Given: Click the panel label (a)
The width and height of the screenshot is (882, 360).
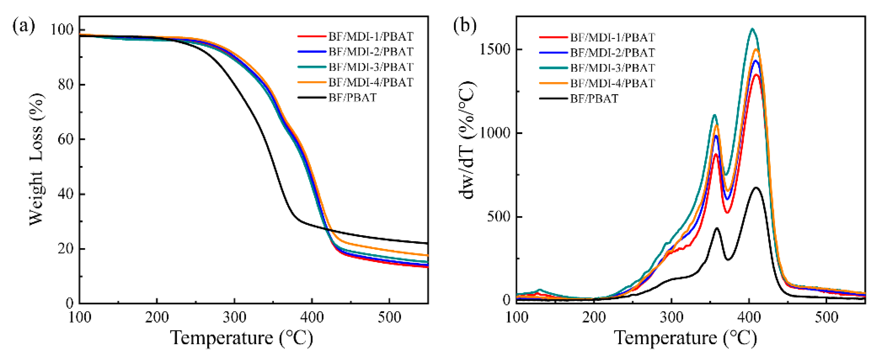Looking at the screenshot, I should click(x=23, y=26).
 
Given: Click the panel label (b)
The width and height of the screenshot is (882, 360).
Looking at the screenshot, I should click(x=465, y=26).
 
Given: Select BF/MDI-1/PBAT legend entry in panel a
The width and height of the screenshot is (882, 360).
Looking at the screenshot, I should click(x=370, y=36).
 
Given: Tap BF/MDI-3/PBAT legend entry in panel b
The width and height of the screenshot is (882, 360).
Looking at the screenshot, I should click(x=612, y=68).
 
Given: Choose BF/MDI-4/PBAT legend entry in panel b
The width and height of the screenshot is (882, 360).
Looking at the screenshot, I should click(x=612, y=83).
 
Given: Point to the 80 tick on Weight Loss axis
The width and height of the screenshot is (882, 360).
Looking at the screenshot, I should click(x=66, y=84).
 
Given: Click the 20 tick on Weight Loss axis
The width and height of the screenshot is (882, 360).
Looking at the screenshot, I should click(x=66, y=249).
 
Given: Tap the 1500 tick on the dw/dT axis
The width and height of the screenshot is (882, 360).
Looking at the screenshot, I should click(x=494, y=50).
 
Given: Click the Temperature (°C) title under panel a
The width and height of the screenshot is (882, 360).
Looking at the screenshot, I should click(x=241, y=338).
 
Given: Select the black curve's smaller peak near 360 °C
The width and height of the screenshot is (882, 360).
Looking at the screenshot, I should click(x=717, y=228).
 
